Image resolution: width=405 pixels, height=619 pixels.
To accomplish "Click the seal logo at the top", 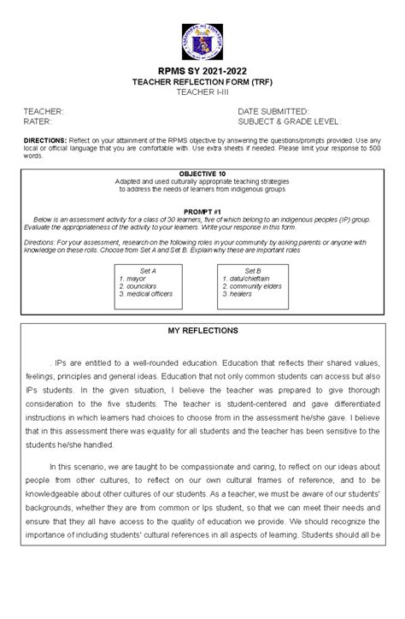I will point(202,36).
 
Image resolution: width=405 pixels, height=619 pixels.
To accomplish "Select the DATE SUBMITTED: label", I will point(273,112).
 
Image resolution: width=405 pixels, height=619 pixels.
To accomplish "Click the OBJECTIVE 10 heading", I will point(202,174).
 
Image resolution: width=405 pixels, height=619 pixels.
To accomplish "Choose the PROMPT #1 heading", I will point(202,209).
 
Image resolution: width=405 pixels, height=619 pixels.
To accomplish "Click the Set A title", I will point(147,270).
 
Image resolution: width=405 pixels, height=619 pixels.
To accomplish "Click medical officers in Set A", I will point(150,293).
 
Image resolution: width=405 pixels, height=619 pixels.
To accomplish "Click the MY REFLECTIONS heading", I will point(202,331).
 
